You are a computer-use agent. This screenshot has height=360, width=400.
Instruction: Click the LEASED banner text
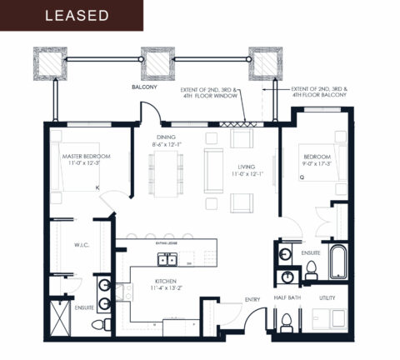76,15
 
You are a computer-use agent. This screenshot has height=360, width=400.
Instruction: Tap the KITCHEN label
167,281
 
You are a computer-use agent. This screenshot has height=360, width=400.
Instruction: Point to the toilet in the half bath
286,321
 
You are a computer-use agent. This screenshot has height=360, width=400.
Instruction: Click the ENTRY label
252,300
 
